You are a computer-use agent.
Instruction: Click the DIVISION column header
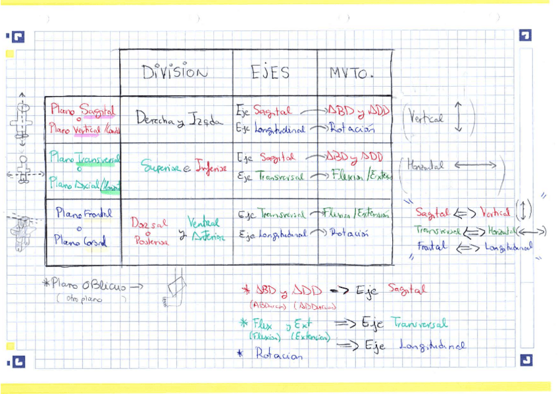click(x=175, y=72)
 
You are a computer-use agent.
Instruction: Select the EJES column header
click(x=270, y=72)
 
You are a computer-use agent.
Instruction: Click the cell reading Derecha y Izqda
click(x=170, y=119)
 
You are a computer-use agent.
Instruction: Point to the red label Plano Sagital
click(x=83, y=109)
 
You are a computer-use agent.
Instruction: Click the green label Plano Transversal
click(x=85, y=159)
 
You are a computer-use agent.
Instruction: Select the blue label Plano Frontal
click(x=84, y=213)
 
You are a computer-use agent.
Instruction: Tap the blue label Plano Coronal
click(x=80, y=241)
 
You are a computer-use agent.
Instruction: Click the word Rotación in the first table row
click(x=353, y=129)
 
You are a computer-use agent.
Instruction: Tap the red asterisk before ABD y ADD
click(x=245, y=290)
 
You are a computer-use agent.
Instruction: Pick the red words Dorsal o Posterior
click(x=149, y=232)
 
